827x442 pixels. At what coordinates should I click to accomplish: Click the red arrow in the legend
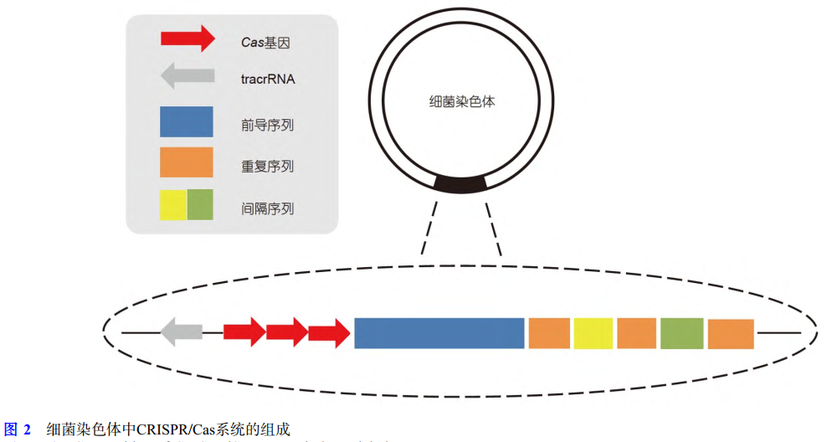pos(186,39)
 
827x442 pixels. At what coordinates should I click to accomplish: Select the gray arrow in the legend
pos(186,79)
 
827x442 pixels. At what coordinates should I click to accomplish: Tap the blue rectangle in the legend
pos(186,122)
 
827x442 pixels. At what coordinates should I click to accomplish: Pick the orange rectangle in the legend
pos(186,162)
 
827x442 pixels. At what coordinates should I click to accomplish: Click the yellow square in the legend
pos(172,204)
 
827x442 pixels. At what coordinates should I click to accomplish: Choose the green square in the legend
pos(200,204)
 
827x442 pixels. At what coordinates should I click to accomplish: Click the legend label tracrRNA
pos(268,80)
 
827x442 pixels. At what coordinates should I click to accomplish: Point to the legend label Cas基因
pos(265,39)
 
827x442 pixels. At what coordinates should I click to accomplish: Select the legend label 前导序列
pos(267,126)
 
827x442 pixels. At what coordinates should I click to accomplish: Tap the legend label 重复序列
pos(267,166)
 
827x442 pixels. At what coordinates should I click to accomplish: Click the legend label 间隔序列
pos(267,208)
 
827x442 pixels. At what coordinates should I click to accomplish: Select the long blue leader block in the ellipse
pos(439,332)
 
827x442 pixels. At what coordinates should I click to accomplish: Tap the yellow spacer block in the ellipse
pos(593,332)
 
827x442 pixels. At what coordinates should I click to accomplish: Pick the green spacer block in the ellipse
pos(681,332)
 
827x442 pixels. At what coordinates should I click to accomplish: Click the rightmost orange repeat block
pos(730,333)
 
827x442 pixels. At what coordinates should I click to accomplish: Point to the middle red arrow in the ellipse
pos(287,332)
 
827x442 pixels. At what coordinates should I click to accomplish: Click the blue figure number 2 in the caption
pos(27,430)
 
